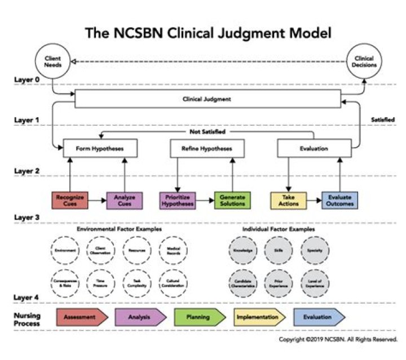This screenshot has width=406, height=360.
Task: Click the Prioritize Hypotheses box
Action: coord(177,200)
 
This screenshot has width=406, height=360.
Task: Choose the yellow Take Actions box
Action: coord(288,200)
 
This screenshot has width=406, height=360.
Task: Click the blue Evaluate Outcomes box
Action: coord(339,200)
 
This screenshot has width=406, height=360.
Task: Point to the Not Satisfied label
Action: coord(208,131)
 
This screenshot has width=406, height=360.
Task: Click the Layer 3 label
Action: coord(27,217)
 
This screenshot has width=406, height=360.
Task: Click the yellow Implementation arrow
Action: coord(257,317)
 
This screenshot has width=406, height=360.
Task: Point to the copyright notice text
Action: coord(338,340)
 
